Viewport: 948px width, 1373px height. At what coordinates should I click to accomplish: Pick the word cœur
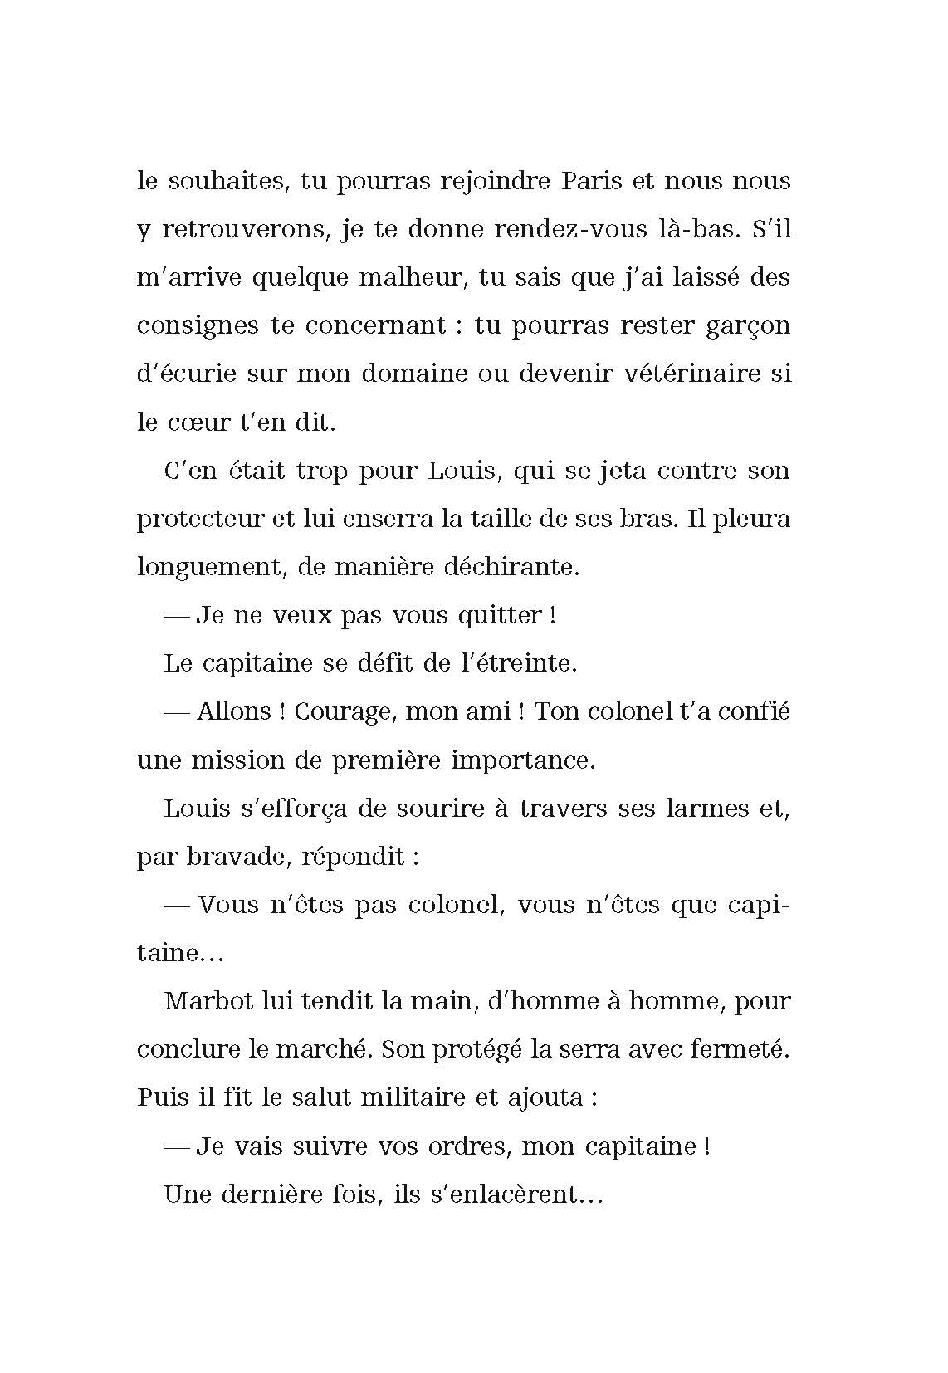click(198, 422)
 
